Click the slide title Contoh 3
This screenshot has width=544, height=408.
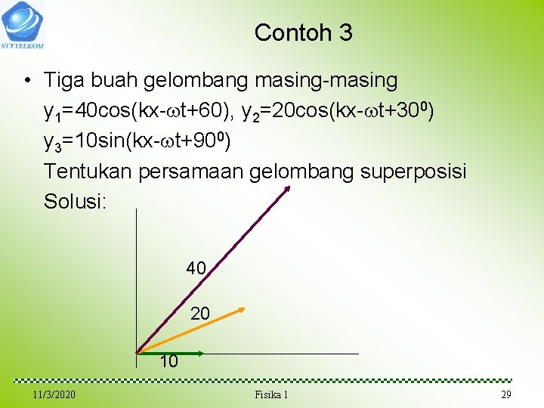click(303, 32)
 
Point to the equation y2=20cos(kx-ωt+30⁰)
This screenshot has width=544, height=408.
click(337, 111)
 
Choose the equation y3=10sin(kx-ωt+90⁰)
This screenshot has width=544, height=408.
click(137, 141)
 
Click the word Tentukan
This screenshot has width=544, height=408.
click(88, 172)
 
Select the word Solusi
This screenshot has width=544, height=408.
click(73, 202)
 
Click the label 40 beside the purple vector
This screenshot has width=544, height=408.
click(196, 268)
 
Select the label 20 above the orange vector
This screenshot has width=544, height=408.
click(200, 313)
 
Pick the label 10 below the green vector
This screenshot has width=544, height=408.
click(169, 362)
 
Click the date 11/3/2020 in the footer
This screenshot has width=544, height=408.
click(54, 395)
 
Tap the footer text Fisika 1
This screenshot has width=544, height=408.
click(272, 395)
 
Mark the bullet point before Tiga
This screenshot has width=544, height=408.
click(26, 80)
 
